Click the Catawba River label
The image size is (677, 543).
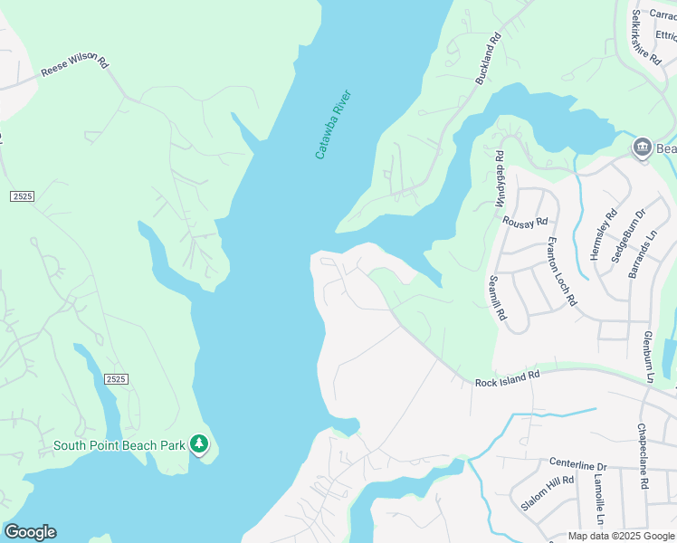coord(332,125)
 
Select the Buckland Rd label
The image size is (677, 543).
coord(489,60)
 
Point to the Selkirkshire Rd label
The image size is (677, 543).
coord(646,38)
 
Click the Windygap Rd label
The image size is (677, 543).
coord(499,179)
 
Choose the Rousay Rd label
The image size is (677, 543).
coord(526,222)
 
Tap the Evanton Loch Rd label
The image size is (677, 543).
coord(561,272)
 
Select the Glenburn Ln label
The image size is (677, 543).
coord(648,355)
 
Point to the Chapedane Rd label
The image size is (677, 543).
coord(642,456)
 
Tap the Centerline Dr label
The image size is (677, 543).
coord(577,464)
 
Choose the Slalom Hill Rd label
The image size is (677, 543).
coord(548,493)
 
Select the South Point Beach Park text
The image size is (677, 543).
coord(119,444)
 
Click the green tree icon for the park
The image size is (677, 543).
coord(199,444)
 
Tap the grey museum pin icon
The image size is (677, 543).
coord(643,147)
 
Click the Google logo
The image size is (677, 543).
coord(30,532)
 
